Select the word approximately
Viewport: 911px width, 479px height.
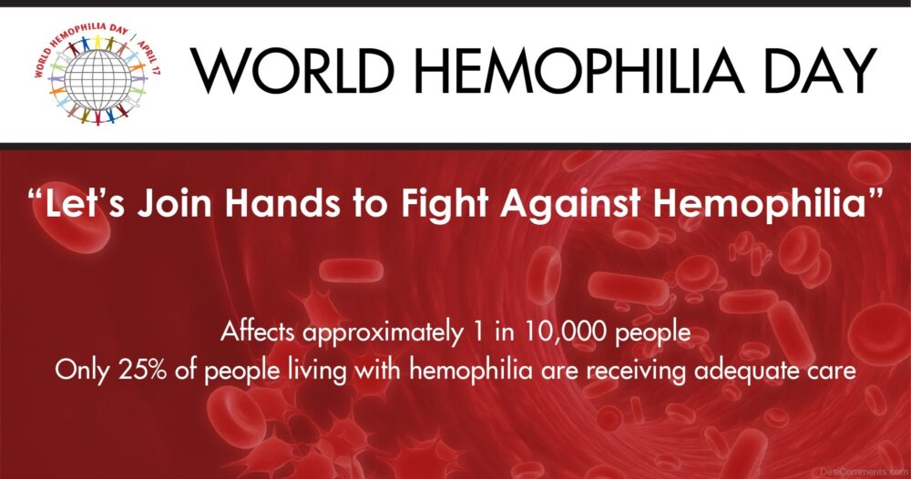384,333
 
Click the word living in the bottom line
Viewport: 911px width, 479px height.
317,371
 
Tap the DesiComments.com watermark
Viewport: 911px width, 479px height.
864,472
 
